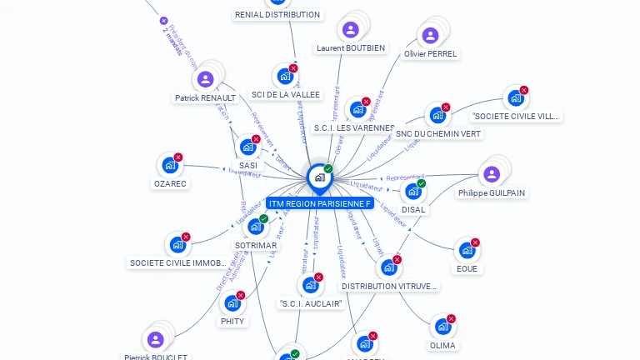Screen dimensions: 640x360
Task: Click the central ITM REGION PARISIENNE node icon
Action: pos(319,177)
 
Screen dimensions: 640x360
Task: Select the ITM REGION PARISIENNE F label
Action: pos(319,203)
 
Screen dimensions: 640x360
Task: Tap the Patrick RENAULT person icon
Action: pos(205,80)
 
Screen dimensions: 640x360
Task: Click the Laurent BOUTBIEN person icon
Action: pos(350,30)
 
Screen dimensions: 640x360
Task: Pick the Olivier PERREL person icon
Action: pos(430,36)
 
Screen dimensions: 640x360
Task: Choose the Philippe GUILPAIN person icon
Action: pos(491,174)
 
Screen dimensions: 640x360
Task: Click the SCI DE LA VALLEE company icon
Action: pos(285,77)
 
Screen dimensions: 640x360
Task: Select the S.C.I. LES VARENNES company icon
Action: pos(357,110)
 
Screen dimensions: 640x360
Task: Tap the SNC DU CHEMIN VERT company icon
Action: pos(437,116)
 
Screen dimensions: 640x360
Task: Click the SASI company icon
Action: pos(247,147)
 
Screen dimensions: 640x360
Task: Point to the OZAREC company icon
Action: pos(170,166)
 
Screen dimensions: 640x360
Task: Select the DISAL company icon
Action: pos(412,192)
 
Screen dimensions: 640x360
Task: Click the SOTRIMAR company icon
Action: pos(255,227)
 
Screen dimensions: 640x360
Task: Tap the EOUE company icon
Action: pos(467,251)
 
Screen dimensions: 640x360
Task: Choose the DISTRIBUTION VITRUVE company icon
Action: pos(388,267)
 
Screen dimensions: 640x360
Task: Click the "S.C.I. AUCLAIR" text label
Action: pos(311,303)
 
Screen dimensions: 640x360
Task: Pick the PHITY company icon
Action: pos(232,303)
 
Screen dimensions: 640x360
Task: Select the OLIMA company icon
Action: pos(442,327)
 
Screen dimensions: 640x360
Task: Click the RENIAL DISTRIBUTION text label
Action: pos(277,15)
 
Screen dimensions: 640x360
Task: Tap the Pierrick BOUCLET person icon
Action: pos(155,340)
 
